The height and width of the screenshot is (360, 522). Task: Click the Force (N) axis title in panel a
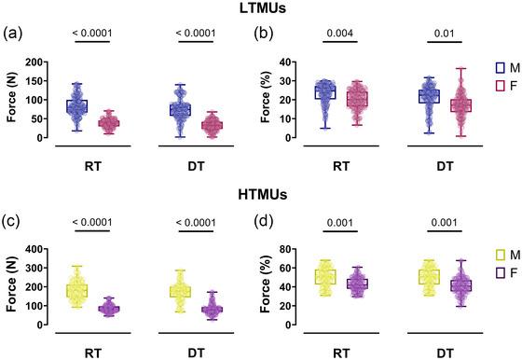pyautogui.click(x=11, y=100)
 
